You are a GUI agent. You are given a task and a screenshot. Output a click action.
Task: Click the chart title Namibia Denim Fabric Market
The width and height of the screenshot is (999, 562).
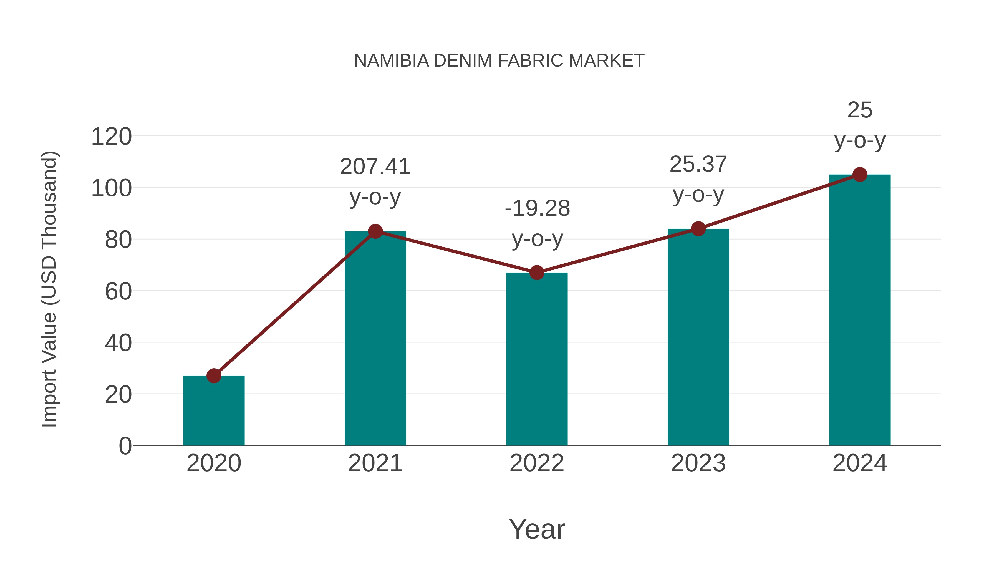[x=499, y=61]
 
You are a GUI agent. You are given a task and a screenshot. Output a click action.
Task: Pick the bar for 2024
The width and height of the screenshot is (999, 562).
[x=860, y=310]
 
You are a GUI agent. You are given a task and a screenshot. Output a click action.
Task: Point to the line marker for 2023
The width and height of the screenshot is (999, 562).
[x=698, y=229]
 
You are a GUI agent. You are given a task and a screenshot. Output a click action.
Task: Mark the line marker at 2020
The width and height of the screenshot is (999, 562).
[x=214, y=375]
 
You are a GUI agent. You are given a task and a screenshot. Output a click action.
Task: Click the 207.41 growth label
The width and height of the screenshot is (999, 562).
[x=375, y=167]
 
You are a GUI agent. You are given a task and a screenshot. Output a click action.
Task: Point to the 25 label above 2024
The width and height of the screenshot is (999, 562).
[x=860, y=110]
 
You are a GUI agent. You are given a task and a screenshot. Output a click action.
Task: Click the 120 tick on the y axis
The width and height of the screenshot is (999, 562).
[x=111, y=137]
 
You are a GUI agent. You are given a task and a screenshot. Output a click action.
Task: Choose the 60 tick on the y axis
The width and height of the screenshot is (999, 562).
[x=118, y=292]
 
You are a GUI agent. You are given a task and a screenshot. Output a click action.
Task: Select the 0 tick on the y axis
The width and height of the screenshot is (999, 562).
[x=125, y=446]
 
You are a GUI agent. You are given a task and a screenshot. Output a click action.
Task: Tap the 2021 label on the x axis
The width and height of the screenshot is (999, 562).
[x=375, y=463]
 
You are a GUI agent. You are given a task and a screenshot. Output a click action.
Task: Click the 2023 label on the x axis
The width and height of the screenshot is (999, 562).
[x=698, y=463]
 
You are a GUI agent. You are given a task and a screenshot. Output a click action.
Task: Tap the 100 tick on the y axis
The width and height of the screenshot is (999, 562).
[x=111, y=188]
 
